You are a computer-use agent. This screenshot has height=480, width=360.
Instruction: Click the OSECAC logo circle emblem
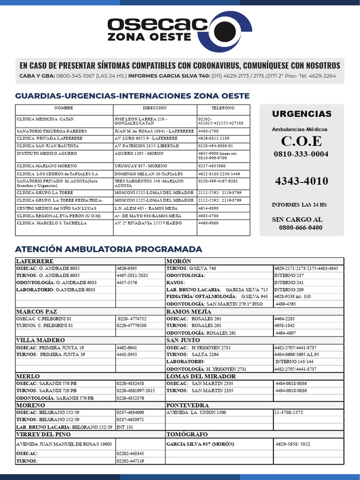pyautogui.click(x=225, y=31)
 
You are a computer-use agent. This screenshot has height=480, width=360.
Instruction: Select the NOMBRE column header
pyautogui.click(x=64, y=108)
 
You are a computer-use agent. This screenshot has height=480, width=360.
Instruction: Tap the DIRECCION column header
pyautogui.click(x=155, y=108)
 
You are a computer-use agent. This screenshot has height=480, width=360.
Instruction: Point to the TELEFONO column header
pyautogui.click(x=223, y=108)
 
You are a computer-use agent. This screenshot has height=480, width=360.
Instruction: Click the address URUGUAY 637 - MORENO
pyautogui.click(x=140, y=166)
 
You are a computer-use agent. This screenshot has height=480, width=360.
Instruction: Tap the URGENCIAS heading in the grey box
pyautogui.click(x=301, y=114)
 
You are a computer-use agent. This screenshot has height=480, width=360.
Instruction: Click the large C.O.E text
pyautogui.click(x=301, y=141)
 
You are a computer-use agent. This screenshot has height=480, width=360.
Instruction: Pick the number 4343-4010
pyautogui.click(x=301, y=181)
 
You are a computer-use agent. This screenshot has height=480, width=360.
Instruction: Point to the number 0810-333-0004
pyautogui.click(x=301, y=154)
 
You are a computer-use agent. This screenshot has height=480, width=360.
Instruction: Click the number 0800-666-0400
pyautogui.click(x=300, y=228)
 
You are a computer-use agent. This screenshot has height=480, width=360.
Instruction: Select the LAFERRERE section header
pyautogui.click(x=35, y=261)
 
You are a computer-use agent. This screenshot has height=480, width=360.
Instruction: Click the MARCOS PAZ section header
pyautogui.click(x=37, y=312)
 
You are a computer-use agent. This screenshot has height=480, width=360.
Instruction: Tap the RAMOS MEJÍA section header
pyautogui.click(x=188, y=312)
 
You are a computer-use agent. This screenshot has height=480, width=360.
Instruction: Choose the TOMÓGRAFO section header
pyautogui.click(x=187, y=435)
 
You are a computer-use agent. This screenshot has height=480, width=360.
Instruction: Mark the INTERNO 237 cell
pyautogui.click(x=289, y=276)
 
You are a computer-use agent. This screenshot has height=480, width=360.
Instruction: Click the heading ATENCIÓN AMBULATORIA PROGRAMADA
pyautogui.click(x=108, y=249)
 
